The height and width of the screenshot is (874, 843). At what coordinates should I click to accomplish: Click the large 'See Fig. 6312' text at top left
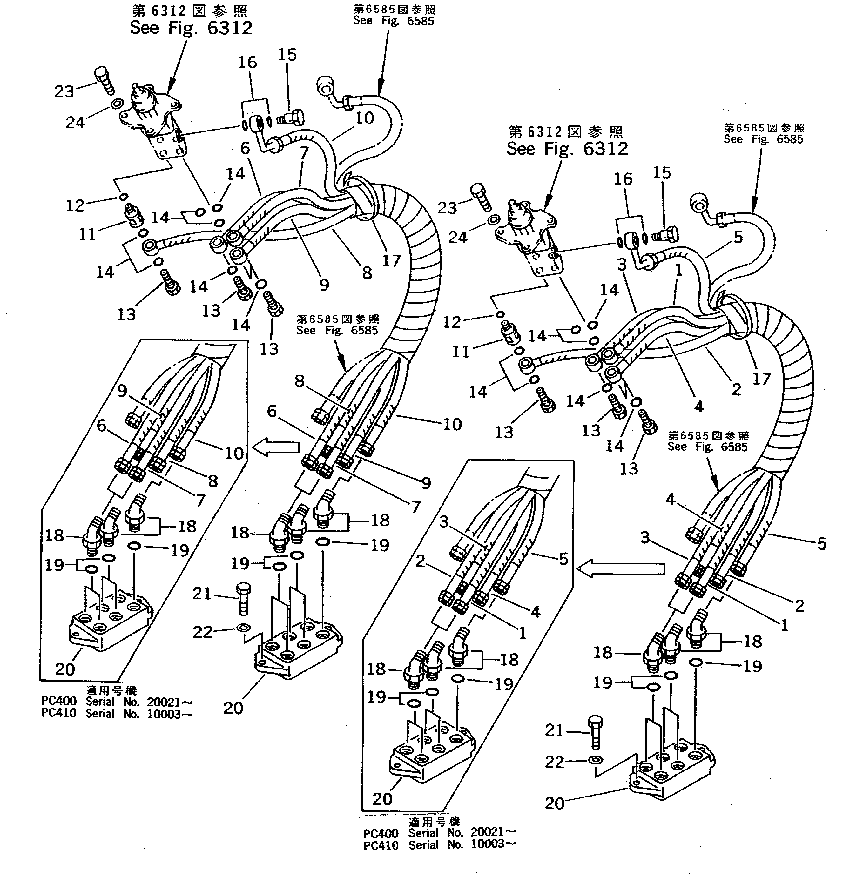pos(191,28)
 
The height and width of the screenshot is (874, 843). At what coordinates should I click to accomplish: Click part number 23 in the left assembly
pos(64,91)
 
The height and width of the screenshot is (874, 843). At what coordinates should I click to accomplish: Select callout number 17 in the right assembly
pos(761,379)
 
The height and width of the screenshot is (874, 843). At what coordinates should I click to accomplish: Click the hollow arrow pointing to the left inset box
pos(276,447)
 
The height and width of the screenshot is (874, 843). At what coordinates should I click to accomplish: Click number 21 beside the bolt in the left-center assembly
pos(202,594)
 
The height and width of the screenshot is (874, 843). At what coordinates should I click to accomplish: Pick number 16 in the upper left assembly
pos(247,63)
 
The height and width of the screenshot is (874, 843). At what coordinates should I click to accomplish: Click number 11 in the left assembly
pos(87,234)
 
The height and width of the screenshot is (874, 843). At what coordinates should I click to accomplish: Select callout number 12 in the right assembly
pos(451,322)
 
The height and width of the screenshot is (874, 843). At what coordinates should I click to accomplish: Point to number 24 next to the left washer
pos(75,122)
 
